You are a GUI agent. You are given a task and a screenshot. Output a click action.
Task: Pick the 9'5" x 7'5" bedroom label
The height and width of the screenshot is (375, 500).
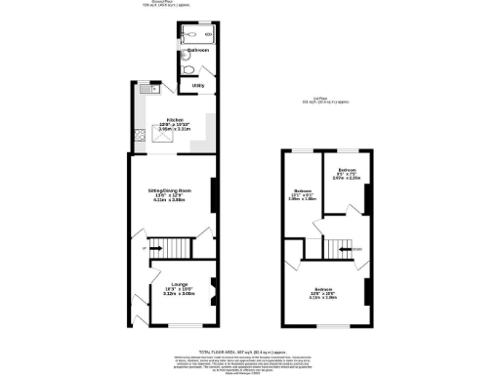tap(347, 175)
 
